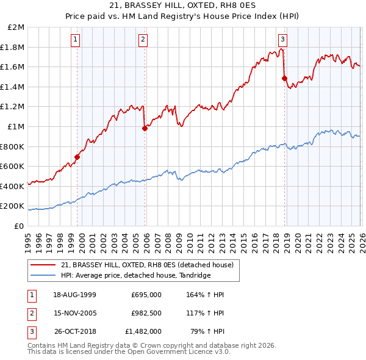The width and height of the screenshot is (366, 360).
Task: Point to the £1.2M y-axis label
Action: (13, 107)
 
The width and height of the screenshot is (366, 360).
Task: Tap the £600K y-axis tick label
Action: (13, 166)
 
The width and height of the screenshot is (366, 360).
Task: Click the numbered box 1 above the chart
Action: (76, 40)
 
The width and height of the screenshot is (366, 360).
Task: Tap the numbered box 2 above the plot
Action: (143, 40)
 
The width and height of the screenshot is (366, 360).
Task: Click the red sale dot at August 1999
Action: (77, 157)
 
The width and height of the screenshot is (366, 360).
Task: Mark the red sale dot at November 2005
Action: (145, 128)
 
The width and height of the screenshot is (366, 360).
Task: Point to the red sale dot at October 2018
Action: (284, 78)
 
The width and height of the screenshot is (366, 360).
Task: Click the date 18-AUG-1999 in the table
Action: (74, 295)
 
